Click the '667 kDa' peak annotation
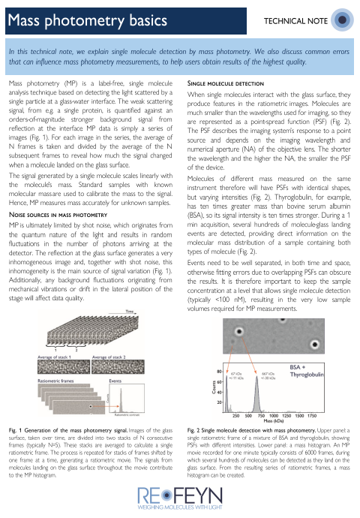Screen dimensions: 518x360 point(265,375)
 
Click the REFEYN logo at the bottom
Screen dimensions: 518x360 point(180,497)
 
